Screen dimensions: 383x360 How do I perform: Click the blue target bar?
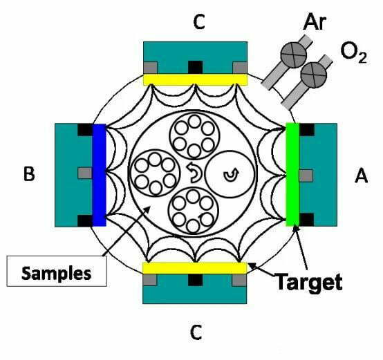pyautogui.click(x=99, y=175)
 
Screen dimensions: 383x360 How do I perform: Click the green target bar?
pyautogui.click(x=292, y=174)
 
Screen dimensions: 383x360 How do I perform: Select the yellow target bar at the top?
pyautogui.click(x=195, y=79)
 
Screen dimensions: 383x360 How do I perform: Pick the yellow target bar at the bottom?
pyautogui.click(x=195, y=268)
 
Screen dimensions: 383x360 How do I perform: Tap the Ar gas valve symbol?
pyautogui.click(x=293, y=54)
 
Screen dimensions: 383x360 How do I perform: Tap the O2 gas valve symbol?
pyautogui.click(x=314, y=75)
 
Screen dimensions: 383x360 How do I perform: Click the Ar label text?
pyautogui.click(x=315, y=22)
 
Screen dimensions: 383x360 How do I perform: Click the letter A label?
pyautogui.click(x=361, y=176)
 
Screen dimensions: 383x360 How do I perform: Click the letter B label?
pyautogui.click(x=29, y=173)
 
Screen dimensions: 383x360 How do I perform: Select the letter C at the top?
pyautogui.click(x=198, y=21)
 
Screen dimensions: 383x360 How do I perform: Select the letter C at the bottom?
pyautogui.click(x=196, y=332)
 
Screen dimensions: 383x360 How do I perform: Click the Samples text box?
pyautogui.click(x=57, y=271)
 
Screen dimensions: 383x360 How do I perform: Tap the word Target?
pyautogui.click(x=309, y=283)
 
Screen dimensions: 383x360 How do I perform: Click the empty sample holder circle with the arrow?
pyautogui.click(x=230, y=174)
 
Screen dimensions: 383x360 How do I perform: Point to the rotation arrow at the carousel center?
pyautogui.click(x=194, y=173)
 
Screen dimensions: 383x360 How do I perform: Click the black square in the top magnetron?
pyautogui.click(x=196, y=67)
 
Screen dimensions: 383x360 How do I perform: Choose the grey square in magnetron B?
pyautogui.click(x=85, y=173)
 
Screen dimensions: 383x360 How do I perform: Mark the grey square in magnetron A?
pyautogui.click(x=306, y=176)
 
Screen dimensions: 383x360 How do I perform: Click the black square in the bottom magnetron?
pyautogui.click(x=196, y=280)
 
